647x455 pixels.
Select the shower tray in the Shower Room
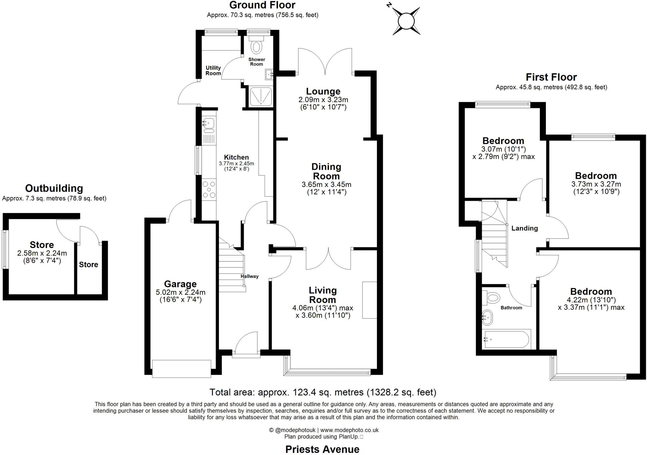click(261, 96)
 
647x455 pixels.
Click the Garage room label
click(180, 284)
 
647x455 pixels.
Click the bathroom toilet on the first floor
click(492, 297)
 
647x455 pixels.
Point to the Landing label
click(524, 228)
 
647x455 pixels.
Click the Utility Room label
click(213, 70)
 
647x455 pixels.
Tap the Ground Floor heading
click(262, 5)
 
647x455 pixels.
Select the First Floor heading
click(551, 77)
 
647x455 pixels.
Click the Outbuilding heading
click(54, 188)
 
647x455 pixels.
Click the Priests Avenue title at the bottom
click(322, 449)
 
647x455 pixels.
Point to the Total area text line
click(323, 392)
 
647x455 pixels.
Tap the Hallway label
click(250, 276)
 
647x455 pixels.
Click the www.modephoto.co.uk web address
click(349, 430)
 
